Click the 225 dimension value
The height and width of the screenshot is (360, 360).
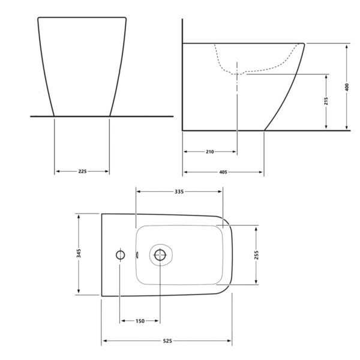(x=82, y=171)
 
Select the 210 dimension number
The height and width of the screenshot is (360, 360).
(x=210, y=152)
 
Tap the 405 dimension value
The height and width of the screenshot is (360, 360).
(x=223, y=172)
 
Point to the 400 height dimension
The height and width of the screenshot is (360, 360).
(x=347, y=87)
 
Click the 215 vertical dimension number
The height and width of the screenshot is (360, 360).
(x=326, y=101)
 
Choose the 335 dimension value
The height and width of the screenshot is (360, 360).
(x=179, y=191)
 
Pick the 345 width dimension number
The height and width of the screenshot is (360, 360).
(x=79, y=253)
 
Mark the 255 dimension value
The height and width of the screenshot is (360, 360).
(x=256, y=255)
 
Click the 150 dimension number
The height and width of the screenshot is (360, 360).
(x=140, y=321)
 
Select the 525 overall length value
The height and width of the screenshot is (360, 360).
(x=167, y=341)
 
